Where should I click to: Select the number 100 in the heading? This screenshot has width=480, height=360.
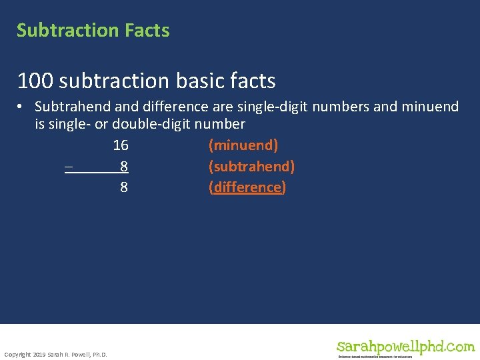point(35,81)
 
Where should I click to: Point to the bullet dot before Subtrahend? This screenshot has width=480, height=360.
point(22,107)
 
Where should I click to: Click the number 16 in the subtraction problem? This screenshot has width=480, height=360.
point(121,145)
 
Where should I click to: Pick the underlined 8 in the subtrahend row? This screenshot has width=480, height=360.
point(124,166)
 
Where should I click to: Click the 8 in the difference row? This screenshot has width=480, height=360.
point(124,187)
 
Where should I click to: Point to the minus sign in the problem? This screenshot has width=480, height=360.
point(68,166)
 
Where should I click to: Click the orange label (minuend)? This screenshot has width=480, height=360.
point(243,145)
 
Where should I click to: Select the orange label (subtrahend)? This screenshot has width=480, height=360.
point(251,166)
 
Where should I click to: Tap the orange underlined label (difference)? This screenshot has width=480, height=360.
point(247,187)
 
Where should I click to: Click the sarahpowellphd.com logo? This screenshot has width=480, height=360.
point(405,347)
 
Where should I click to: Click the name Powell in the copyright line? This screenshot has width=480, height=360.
point(79,354)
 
